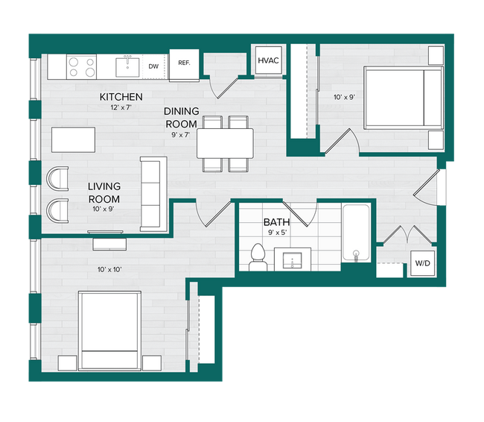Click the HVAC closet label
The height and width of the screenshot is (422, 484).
(268, 61)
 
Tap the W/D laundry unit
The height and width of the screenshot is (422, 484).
(421, 262)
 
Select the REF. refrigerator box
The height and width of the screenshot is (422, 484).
(183, 64)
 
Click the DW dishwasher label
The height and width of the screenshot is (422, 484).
(153, 66)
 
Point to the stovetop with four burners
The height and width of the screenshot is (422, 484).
(82, 67)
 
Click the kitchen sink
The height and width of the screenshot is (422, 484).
(127, 66)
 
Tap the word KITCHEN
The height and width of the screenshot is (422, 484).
(121, 97)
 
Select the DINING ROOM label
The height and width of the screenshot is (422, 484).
(181, 117)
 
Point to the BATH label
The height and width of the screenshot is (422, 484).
(276, 222)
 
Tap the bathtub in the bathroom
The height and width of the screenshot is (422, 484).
(356, 233)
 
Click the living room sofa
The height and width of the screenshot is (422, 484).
(153, 194)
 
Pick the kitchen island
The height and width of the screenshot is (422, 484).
(74, 139)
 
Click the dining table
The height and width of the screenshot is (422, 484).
(225, 142)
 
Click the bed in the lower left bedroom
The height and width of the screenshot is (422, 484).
(109, 330)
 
